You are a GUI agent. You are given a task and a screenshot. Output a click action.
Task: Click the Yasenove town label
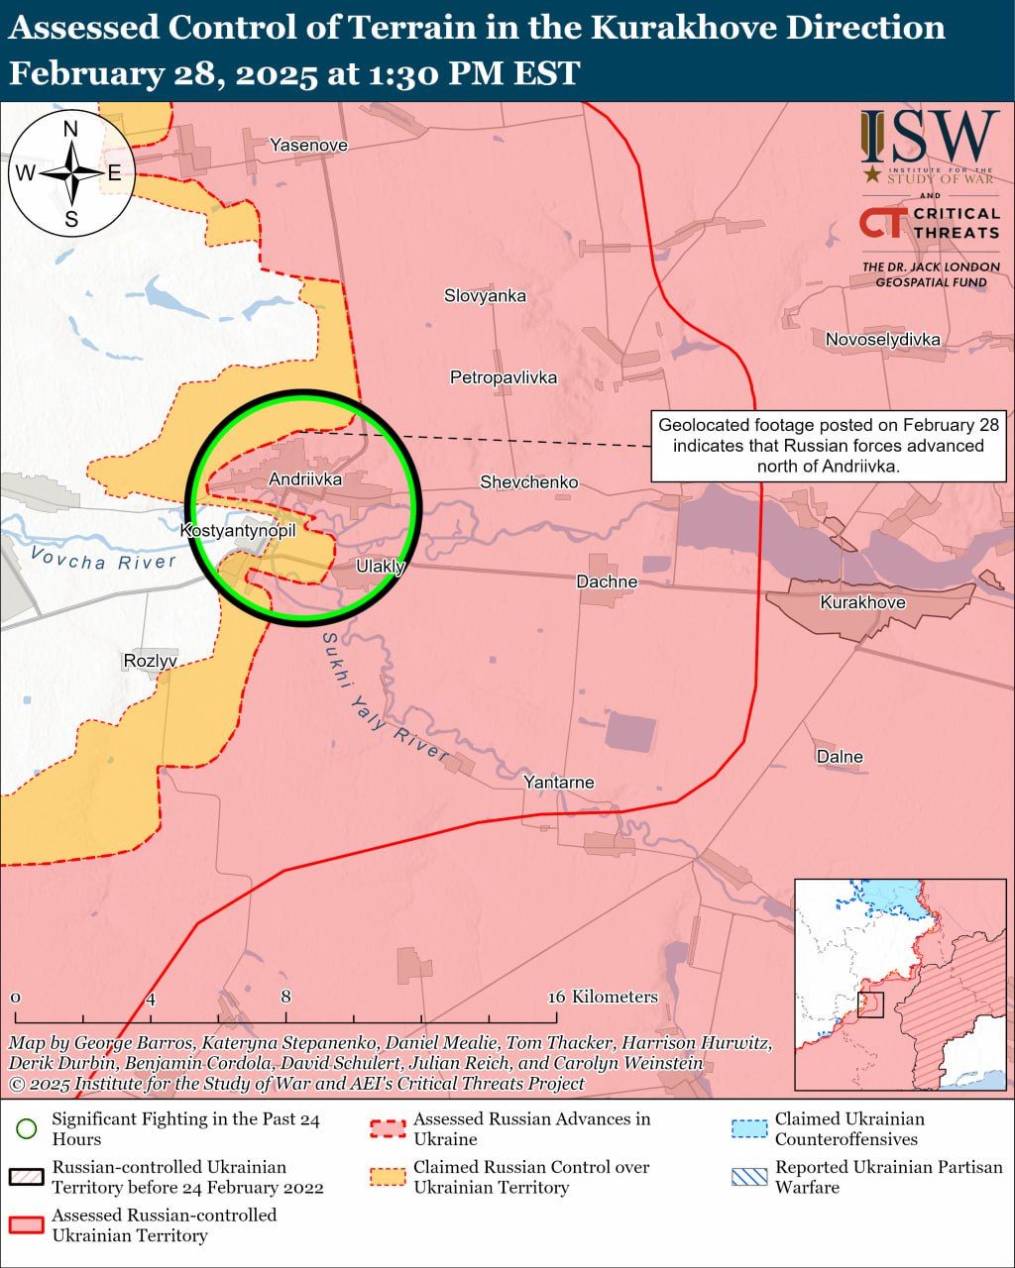[x=308, y=146]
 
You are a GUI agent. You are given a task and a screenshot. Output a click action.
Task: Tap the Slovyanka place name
[x=485, y=295]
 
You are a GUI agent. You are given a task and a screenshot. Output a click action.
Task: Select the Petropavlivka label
[x=503, y=377]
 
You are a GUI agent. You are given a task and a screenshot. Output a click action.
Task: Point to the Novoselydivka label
[x=882, y=340]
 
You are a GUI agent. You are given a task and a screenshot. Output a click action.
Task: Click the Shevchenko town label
[x=528, y=482]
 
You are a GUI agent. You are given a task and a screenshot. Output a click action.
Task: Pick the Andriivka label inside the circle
[x=305, y=479]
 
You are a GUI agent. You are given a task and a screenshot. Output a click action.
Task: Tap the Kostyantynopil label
[x=238, y=531]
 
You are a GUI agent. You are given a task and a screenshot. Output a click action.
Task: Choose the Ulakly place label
[x=381, y=567]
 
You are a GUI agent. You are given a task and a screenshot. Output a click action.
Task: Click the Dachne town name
[x=607, y=581]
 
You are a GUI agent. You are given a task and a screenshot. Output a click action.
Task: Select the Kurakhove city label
[x=862, y=602]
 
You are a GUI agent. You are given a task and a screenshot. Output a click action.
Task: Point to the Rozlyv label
[x=151, y=661]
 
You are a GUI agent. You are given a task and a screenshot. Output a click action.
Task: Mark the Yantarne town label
[x=559, y=783]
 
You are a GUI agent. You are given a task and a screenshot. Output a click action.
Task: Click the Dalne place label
[x=840, y=757]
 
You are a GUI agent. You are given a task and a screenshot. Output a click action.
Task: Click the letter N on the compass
[x=71, y=129]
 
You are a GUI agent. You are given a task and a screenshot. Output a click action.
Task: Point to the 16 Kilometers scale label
[x=604, y=997]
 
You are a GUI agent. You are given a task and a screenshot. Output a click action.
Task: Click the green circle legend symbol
[x=27, y=1128]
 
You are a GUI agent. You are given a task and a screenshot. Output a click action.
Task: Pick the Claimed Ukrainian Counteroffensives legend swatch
[x=748, y=1128]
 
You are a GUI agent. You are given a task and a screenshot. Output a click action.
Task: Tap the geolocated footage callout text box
[x=829, y=446]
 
